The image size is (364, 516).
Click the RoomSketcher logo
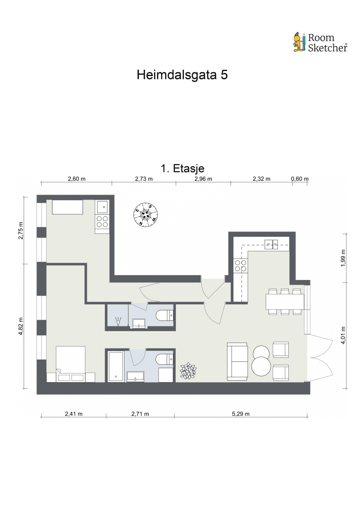click(320, 42)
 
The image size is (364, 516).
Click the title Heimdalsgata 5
click(182, 75)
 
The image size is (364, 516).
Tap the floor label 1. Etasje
click(182, 169)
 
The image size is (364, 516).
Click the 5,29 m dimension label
click(241, 414)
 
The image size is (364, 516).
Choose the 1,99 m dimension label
click(343, 258)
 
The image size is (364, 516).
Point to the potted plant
click(188, 371)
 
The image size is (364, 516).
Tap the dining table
click(285, 302)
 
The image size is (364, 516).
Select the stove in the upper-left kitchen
click(102, 222)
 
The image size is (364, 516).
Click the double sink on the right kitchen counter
click(271, 244)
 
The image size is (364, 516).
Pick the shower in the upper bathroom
click(118, 316)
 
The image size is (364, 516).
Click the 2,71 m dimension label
click(140, 414)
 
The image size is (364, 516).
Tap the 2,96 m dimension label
click(203, 179)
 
